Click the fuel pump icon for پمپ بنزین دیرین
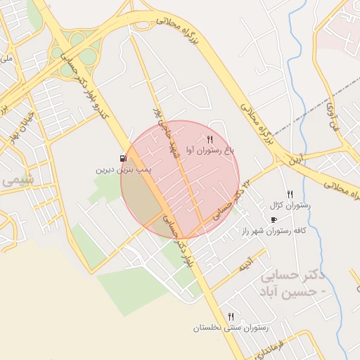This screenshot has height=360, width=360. click(x=124, y=159)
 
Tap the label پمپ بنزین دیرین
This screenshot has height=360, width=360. click(x=114, y=170)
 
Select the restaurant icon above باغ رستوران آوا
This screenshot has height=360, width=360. click(x=210, y=139)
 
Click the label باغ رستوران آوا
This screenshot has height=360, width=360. click(x=210, y=150)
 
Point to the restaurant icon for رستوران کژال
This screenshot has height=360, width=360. click(x=289, y=194)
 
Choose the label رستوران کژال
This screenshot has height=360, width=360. click(x=289, y=205)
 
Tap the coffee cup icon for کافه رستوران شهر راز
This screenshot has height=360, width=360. click(x=274, y=219)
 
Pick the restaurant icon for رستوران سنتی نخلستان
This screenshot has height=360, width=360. click(x=231, y=316)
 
